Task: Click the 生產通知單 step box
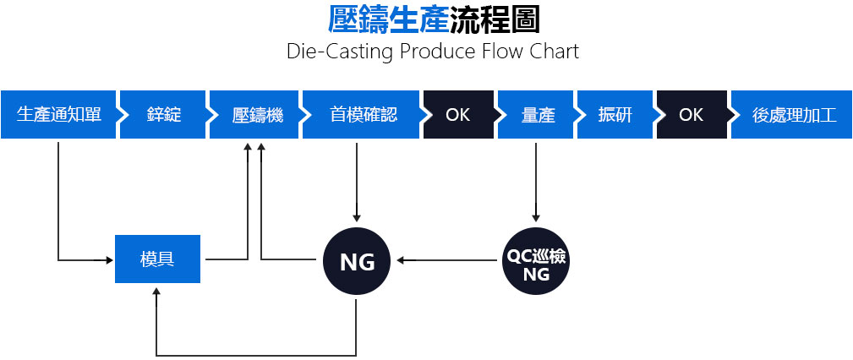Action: click(x=57, y=115)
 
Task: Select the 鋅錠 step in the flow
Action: click(x=162, y=115)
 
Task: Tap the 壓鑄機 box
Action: click(x=256, y=115)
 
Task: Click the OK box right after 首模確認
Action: click(x=457, y=115)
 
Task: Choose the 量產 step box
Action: click(x=537, y=115)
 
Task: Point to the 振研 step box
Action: click(x=614, y=115)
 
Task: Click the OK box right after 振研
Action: click(x=690, y=115)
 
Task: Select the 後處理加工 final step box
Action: click(x=793, y=115)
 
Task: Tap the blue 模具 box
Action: click(x=157, y=259)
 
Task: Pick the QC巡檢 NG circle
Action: click(x=535, y=262)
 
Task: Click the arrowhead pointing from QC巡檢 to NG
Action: click(x=401, y=259)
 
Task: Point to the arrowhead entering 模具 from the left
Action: click(x=110, y=259)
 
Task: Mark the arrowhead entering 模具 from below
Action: click(x=156, y=291)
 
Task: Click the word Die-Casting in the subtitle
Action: click(x=325, y=51)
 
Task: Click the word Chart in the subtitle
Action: click(x=555, y=51)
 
